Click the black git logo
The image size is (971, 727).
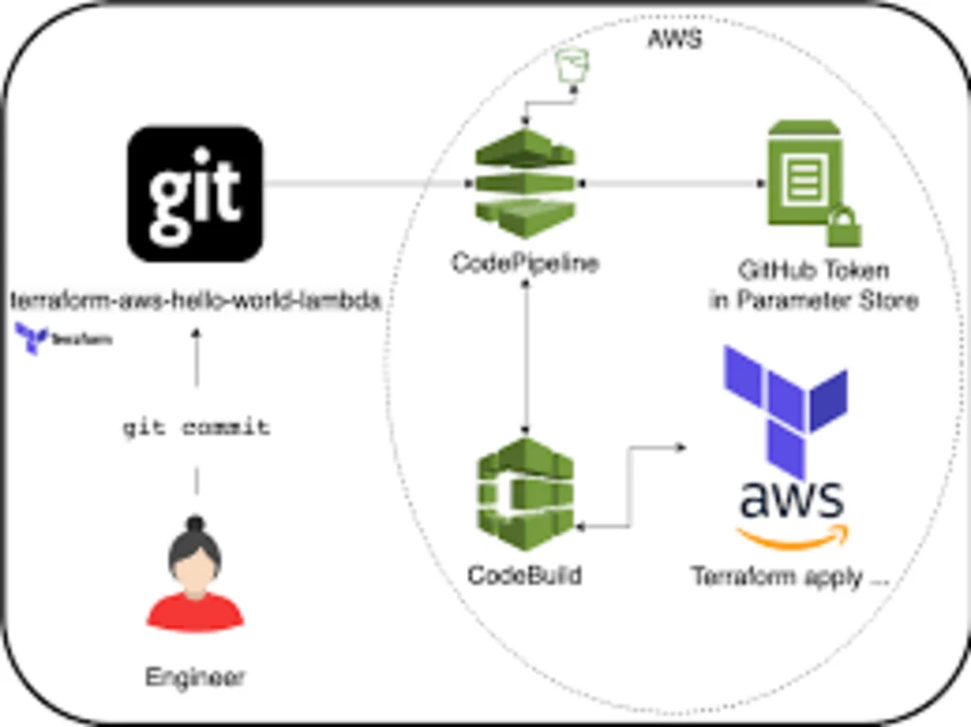coord(195,194)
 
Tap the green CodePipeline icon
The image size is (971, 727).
coord(525,184)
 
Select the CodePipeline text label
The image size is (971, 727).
coord(525,263)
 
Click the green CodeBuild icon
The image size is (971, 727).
coord(525,495)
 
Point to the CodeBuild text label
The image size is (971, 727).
coord(525,575)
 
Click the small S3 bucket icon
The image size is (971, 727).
coord(567,70)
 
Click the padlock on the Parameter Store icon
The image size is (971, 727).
coord(843,229)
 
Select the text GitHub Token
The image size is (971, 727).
coord(814,271)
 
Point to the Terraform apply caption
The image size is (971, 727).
coord(790,577)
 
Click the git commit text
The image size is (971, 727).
coord(196,427)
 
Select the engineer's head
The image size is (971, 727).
coord(195,558)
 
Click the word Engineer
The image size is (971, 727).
coord(195,677)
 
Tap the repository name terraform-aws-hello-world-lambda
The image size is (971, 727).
coord(195,301)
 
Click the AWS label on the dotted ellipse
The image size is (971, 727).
coord(673,40)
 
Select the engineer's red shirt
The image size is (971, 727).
coord(195,611)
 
